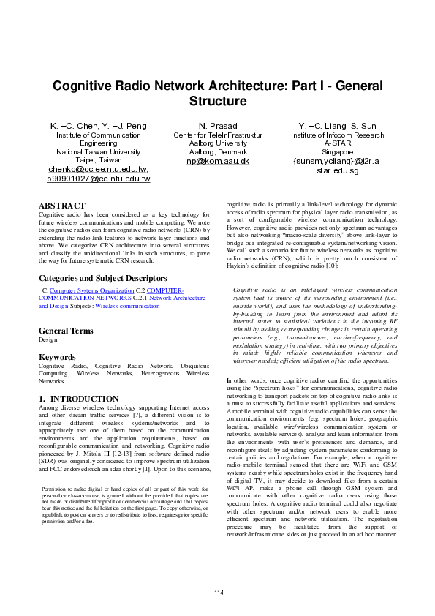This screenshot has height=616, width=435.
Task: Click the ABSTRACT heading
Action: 61,206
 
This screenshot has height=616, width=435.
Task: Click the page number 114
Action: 217,591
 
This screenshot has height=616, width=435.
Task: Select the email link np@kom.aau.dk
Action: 218,160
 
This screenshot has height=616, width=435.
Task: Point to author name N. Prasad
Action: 217,126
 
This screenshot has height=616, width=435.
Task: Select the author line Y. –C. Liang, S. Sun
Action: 337,126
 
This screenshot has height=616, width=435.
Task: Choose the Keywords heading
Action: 58,357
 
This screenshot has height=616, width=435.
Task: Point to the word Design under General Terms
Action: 48,340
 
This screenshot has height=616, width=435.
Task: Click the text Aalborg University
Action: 217,143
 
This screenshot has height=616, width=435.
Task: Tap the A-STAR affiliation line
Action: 337,143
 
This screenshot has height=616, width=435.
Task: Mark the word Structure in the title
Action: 217,101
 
